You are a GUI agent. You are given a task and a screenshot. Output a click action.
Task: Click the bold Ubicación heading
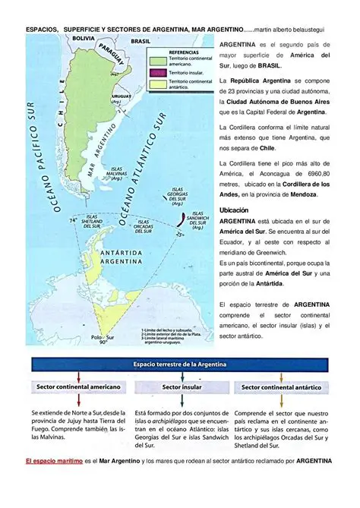coord(234,209)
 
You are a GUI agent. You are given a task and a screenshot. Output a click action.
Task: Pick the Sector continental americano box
coord(78,387)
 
